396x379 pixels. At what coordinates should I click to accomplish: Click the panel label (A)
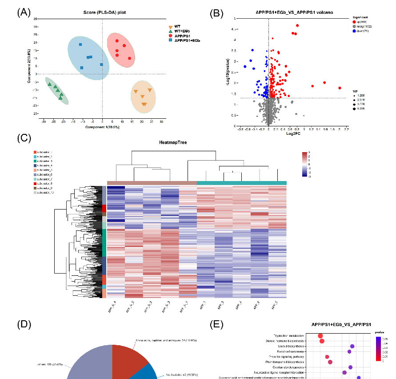click(x=24, y=12)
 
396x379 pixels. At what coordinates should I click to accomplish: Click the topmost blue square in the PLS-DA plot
click(x=80, y=44)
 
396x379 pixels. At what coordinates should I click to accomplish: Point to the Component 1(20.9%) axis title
click(x=102, y=127)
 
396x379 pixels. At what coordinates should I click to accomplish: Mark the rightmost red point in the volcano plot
click(x=340, y=88)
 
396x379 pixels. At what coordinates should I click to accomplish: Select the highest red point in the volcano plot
click(x=297, y=25)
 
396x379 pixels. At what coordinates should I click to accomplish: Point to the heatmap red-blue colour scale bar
click(x=304, y=165)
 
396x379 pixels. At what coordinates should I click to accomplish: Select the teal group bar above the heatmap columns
click(x=241, y=183)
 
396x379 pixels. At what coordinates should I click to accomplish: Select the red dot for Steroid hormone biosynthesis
click(x=322, y=341)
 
